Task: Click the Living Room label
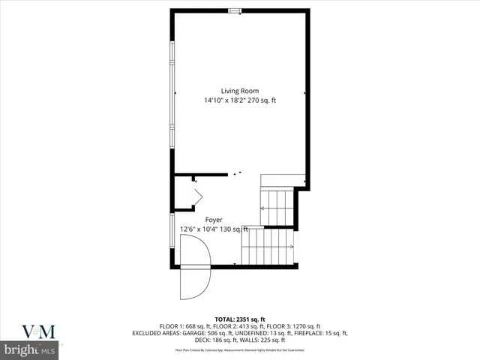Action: coord(240,91)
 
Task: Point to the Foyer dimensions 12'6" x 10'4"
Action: coord(203,229)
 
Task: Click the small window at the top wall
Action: coord(235,10)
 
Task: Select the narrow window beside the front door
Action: coord(172,230)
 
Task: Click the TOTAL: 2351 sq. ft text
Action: coord(240,319)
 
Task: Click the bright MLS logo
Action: coord(30,350)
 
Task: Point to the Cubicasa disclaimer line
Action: coord(240,349)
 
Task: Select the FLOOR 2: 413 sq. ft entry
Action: coord(238,326)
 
